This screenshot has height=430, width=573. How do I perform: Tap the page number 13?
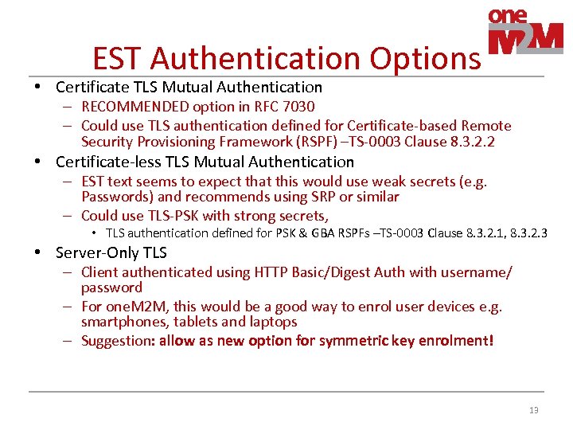point(533,410)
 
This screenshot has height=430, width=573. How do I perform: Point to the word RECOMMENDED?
point(131,107)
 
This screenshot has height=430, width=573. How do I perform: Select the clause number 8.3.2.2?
point(469,143)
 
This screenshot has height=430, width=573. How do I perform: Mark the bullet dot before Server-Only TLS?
point(38,253)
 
